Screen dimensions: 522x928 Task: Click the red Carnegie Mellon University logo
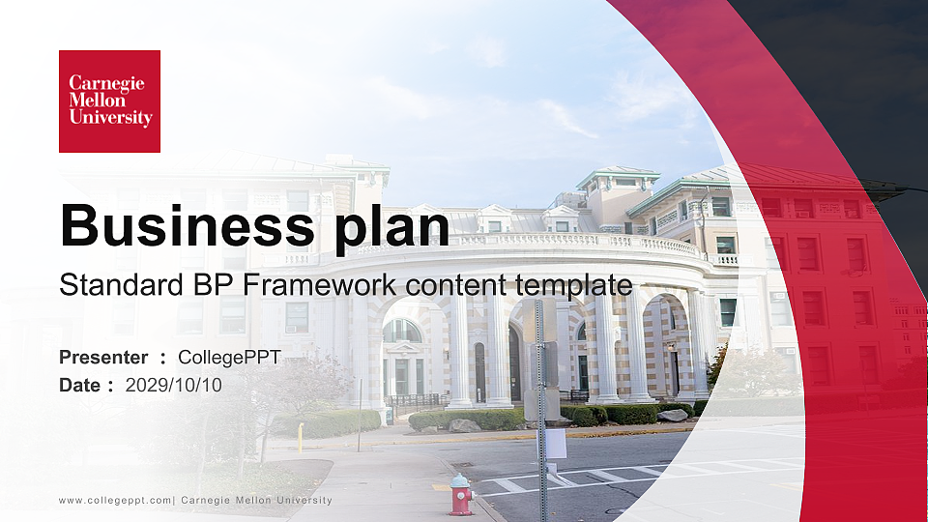coord(109,101)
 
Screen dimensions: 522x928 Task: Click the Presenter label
coord(103,358)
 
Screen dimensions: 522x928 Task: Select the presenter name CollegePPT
coord(229,358)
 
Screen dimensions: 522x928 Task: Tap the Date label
coord(80,385)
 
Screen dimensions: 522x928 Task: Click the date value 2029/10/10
coord(174,385)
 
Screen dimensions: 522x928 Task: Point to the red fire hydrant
coord(461,494)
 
